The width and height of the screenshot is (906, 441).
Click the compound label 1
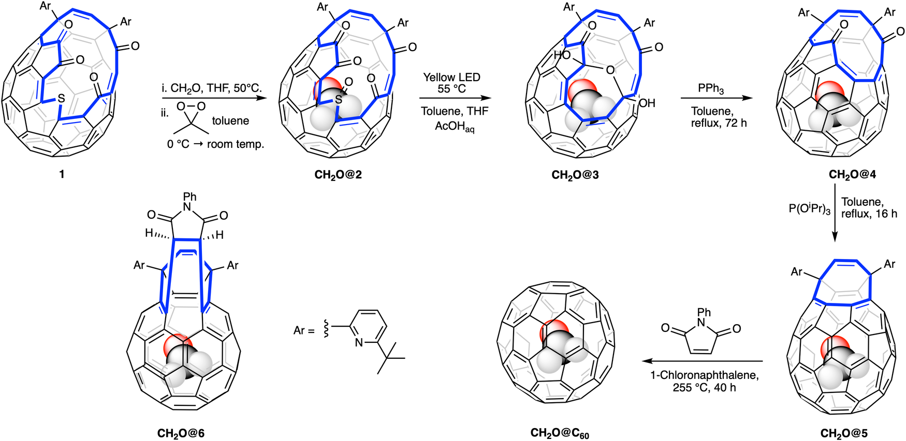click(x=62, y=174)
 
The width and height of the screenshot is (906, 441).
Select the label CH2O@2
click(x=338, y=175)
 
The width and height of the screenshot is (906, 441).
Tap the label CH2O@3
click(x=575, y=175)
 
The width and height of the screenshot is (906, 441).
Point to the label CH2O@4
click(x=852, y=174)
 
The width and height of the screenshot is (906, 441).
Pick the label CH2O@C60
click(x=560, y=433)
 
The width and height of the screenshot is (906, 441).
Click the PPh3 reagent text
click(x=710, y=88)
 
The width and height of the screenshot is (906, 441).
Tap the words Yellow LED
click(x=451, y=77)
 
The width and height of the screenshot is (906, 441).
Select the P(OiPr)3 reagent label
click(x=810, y=209)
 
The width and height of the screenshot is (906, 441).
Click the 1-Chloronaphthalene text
click(x=704, y=375)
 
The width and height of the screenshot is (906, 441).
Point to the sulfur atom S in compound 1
click(x=61, y=98)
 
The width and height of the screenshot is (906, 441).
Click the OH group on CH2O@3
click(x=647, y=103)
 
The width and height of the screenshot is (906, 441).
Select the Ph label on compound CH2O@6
click(x=190, y=196)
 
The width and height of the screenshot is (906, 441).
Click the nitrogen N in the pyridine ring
click(x=358, y=342)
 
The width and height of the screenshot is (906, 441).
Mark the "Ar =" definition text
click(x=304, y=330)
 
